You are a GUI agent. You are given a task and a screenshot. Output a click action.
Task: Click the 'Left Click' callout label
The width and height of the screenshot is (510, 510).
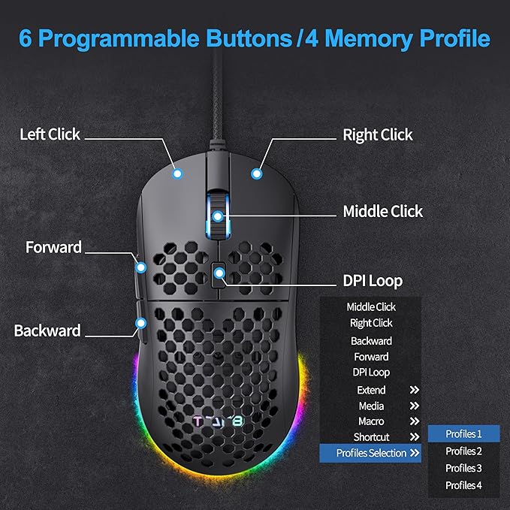point(50,134)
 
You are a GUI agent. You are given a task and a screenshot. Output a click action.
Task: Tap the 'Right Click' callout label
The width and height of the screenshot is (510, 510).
point(377,135)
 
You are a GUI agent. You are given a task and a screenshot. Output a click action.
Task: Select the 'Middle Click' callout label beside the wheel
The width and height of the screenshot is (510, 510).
point(382,211)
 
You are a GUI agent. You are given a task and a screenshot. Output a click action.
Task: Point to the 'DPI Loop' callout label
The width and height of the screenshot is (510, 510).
point(373,281)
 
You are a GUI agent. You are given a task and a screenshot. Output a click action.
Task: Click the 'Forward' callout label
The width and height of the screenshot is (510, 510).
point(53,247)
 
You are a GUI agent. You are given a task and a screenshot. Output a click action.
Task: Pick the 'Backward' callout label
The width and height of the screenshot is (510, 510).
point(47,330)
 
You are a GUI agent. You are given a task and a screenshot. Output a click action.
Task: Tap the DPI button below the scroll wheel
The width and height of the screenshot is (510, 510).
point(219,275)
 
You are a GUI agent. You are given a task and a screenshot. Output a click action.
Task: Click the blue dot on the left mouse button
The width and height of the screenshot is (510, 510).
point(178,174)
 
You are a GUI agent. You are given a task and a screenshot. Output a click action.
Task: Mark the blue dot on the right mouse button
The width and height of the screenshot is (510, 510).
point(257,174)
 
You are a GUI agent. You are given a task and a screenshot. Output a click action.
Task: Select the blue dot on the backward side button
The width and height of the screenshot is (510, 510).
point(140,322)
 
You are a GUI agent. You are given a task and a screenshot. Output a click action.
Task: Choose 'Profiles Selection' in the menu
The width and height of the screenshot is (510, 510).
point(370,453)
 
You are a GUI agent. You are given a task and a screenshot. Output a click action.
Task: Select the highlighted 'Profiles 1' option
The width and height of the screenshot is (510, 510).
point(463,434)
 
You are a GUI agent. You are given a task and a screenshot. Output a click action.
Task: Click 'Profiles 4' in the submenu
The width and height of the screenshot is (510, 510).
point(463,485)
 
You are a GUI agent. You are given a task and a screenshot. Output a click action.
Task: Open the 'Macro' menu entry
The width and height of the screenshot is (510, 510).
point(371,421)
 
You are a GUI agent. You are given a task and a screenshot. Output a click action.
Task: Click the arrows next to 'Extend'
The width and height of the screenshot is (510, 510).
point(414,390)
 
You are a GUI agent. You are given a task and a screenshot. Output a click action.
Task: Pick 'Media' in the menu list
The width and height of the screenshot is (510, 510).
point(371,406)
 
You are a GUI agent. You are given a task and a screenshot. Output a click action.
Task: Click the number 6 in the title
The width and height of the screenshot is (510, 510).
point(27,39)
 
